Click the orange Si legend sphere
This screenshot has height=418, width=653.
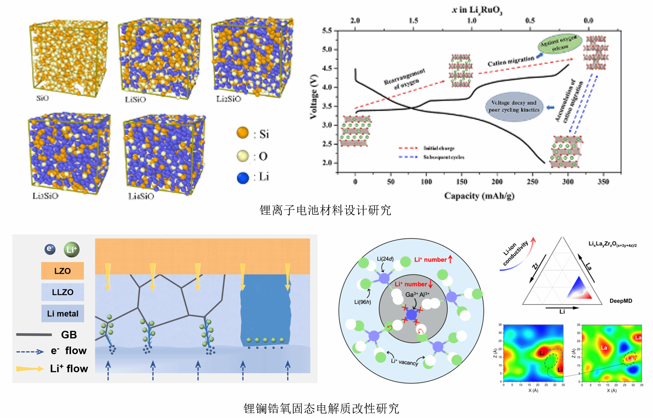[243, 133]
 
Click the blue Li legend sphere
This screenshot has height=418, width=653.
[243, 177]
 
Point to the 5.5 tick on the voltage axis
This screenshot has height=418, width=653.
[327, 31]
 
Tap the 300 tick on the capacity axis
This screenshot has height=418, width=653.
[568, 182]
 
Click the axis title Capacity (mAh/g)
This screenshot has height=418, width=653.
[479, 196]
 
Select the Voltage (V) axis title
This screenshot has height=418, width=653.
[314, 97]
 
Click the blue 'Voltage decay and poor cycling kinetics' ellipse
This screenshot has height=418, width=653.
[514, 107]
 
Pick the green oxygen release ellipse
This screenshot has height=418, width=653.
[559, 44]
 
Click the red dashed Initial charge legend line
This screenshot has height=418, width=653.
[408, 148]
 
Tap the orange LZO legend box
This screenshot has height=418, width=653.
[62, 271]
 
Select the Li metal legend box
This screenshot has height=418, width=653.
[62, 313]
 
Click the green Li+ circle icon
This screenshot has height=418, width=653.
[72, 250]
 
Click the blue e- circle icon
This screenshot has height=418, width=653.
[50, 249]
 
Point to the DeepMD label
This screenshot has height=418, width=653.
[621, 301]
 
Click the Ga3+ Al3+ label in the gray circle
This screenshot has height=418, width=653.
[417, 295]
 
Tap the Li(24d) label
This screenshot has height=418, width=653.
[385, 259]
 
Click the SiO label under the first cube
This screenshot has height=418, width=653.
[42, 98]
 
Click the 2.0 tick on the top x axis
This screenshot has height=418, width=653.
[355, 20]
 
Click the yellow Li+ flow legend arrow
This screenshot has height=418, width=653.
[30, 369]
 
